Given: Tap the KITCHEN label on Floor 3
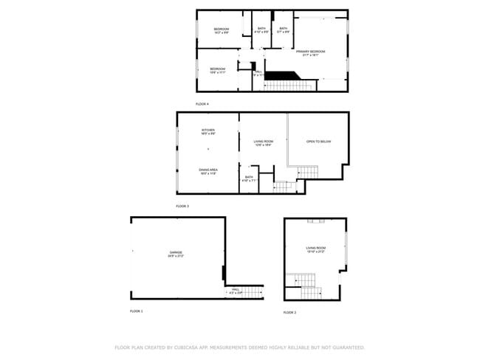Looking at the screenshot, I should [x=208, y=130].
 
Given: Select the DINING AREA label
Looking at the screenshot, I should [x=208, y=170].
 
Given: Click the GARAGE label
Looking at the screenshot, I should [x=176, y=252].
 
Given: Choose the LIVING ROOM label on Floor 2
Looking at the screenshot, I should [x=315, y=248].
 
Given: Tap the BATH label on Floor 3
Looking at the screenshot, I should [x=249, y=177].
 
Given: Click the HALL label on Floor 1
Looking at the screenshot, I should [x=235, y=289].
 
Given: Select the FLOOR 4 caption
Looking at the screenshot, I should [x=202, y=104].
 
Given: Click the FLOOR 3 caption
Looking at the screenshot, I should [x=183, y=206].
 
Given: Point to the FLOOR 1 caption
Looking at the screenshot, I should [x=137, y=311].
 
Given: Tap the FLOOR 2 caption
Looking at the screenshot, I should [x=290, y=313].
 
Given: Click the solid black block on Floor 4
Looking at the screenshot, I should [x=280, y=75].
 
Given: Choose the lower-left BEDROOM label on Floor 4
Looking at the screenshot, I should [x=217, y=69].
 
